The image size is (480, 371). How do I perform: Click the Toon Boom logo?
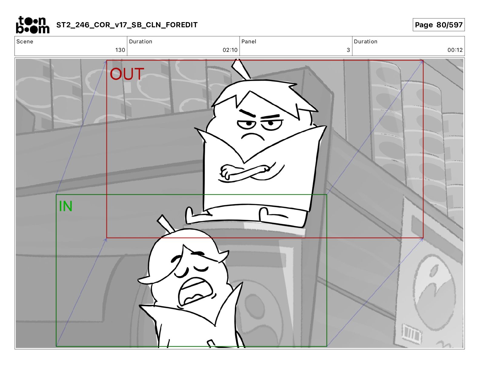[33, 25]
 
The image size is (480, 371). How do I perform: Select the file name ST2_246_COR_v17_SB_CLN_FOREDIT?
[127, 25]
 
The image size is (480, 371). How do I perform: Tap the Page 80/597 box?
[438, 25]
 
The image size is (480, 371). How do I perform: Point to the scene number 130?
[120, 50]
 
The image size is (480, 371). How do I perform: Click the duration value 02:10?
[230, 50]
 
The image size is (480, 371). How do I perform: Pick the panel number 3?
[348, 50]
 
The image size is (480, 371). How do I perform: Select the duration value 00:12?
[455, 50]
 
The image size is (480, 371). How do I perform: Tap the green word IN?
[65, 206]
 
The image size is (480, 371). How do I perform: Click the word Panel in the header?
[249, 42]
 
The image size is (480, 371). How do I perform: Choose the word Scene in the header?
[25, 42]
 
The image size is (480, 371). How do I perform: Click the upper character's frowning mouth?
[253, 136]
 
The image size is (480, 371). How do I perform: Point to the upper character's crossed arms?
[247, 172]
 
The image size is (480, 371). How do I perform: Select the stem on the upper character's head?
[241, 69]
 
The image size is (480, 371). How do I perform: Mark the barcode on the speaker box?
[411, 334]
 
